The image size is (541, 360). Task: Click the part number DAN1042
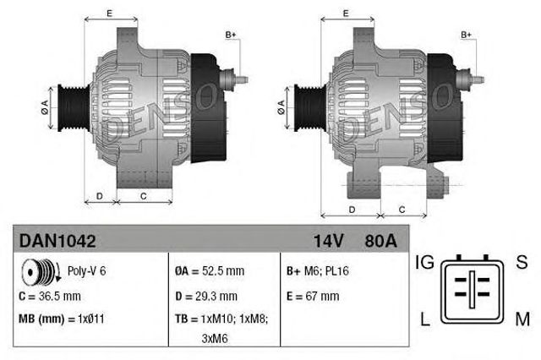coord(57,241)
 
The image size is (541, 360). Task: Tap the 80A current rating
coord(380,241)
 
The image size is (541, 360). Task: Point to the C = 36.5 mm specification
coord(50,297)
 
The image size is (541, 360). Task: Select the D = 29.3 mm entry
coord(206,297)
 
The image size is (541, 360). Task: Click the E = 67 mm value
coord(314,297)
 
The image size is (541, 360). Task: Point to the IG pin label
coord(424,264)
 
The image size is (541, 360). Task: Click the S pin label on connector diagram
coord(522,264)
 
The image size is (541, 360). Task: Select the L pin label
coord(424,319)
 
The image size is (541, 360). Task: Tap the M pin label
coord(522,319)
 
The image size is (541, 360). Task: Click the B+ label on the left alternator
coord(231,34)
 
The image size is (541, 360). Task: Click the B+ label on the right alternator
coord(466,34)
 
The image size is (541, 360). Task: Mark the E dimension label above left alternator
coord(109,12)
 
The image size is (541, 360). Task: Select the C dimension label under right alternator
coord(402,209)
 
